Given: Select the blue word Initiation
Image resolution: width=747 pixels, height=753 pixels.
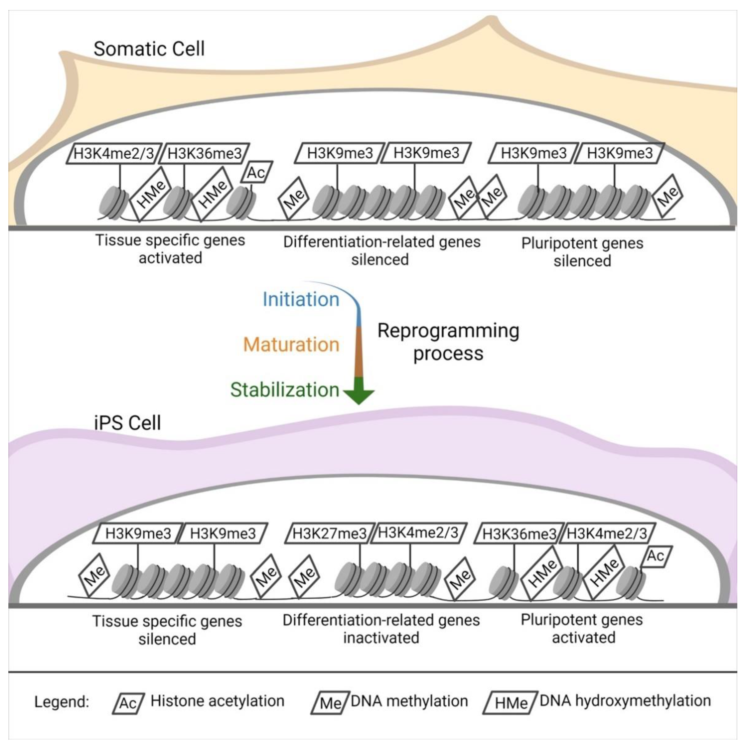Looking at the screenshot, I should tap(301, 299).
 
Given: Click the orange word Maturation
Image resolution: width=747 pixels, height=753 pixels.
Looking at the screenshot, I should tap(291, 345).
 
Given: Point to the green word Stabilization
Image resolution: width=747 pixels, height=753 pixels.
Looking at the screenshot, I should tap(285, 390).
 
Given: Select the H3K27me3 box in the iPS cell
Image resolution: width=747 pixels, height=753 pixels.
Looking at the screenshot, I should tap(329, 533).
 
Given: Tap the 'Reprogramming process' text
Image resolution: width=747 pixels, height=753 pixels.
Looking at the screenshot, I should tap(448, 342).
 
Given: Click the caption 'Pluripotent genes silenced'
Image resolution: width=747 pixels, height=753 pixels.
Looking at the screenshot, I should tap(582, 252).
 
